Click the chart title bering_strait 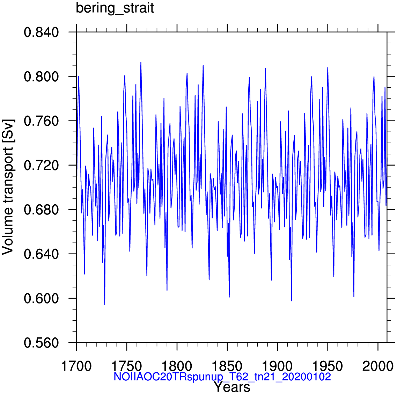(x=115, y=9)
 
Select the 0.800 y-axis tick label (x=41, y=76)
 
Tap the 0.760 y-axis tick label (x=41, y=121)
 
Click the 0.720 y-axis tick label (x=41, y=165)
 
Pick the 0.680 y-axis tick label (x=41, y=210)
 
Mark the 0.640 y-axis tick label (x=41, y=254)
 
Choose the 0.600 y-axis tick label (x=41, y=298)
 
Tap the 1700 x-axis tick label (x=76, y=366)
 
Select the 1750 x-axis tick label (x=127, y=366)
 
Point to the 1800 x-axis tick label (x=177, y=366)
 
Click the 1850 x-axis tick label (x=227, y=366)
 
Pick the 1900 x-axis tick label (x=278, y=366)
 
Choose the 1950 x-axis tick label (x=328, y=366)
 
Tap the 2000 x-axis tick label (x=378, y=366)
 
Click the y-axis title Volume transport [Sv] (x=8, y=187)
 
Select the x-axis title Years (x=232, y=387)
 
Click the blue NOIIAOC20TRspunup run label (x=222, y=377)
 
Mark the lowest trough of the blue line (x=104, y=305)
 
